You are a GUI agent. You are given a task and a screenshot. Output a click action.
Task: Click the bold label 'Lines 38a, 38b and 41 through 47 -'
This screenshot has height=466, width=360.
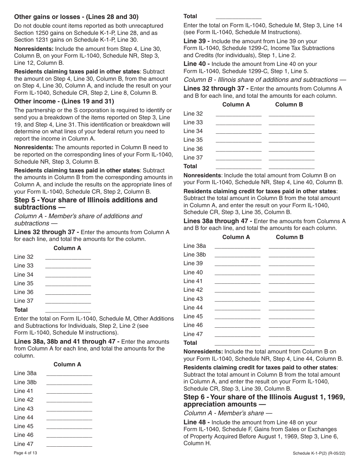[x=67, y=341]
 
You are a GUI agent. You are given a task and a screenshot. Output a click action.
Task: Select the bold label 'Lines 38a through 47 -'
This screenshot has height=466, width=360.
[x=218, y=221]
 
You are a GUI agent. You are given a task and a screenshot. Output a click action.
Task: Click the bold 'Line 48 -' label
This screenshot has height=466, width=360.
[x=196, y=422]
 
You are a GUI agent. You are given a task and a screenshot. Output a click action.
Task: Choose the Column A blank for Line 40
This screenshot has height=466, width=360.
[x=238, y=273]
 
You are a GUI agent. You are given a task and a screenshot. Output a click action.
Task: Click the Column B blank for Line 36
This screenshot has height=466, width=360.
[x=291, y=149]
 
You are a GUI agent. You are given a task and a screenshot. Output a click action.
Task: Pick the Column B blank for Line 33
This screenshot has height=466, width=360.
[x=291, y=123]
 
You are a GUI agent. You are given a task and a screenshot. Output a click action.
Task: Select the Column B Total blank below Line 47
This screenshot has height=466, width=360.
[x=291, y=343]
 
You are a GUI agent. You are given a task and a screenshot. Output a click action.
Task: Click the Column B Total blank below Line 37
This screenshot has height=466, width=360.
[x=291, y=167]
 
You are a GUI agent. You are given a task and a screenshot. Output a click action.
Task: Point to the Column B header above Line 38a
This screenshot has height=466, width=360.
[x=290, y=237]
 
